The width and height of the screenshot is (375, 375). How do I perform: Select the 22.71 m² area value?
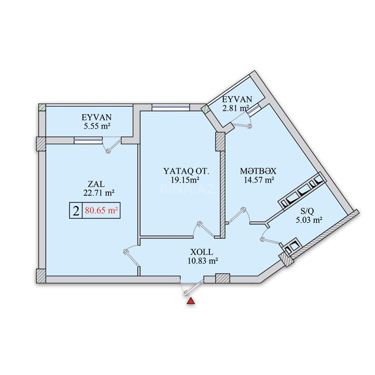(x=99, y=193)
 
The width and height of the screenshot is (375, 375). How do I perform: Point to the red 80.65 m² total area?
(x=101, y=211)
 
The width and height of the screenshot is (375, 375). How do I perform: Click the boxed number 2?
(x=76, y=211)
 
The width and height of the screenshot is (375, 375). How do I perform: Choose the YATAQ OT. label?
(x=186, y=171)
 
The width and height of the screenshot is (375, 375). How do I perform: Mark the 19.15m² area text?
(x=185, y=180)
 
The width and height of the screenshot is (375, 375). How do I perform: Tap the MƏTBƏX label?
(x=258, y=171)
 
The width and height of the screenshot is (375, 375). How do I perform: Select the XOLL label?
(x=202, y=252)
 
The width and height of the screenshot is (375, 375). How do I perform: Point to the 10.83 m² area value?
(x=202, y=261)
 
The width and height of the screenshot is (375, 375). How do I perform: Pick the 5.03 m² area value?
(x=308, y=220)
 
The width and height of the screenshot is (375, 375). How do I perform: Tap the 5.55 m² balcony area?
(x=97, y=126)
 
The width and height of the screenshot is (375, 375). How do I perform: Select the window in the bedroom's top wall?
(x=171, y=107)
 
